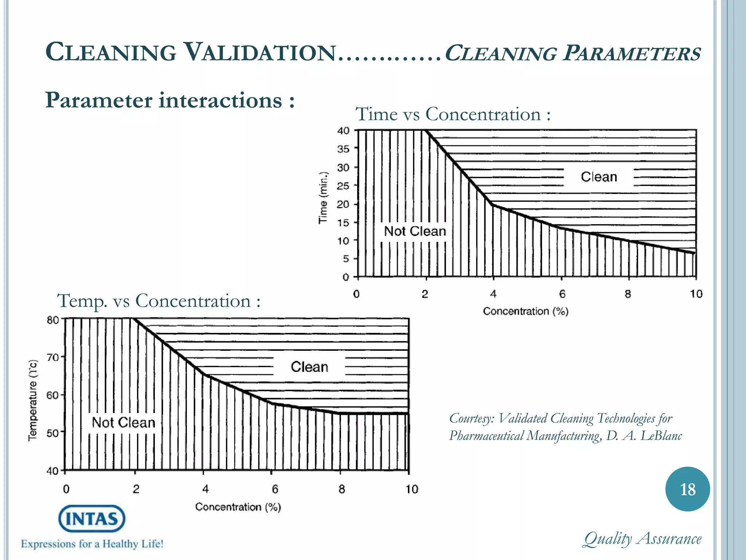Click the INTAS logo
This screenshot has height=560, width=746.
[x=92, y=519]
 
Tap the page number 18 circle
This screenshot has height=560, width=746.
[x=687, y=489]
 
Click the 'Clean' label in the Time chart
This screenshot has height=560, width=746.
[x=599, y=177]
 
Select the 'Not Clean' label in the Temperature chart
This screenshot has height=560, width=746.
[x=123, y=423]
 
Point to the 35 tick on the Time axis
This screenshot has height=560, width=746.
[x=343, y=149]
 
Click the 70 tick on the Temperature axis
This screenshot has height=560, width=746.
[x=53, y=357]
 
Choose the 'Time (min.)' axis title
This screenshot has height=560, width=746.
[x=323, y=198]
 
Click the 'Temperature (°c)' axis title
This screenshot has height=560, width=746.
[x=33, y=400]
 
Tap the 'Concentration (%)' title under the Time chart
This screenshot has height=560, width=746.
[x=526, y=311]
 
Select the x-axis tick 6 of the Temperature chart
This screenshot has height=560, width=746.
[x=275, y=489]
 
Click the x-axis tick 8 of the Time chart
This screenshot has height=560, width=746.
[x=628, y=294]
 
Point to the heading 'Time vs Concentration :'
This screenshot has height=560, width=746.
[x=453, y=114]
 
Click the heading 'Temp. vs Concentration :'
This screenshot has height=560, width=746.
[x=159, y=301]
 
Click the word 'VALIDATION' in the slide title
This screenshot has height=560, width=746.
[x=259, y=52]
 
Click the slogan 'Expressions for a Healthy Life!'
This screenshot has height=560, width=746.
[x=92, y=544]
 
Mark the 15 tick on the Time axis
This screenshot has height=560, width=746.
[x=343, y=222]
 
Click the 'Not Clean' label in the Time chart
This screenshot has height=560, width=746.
[x=415, y=231]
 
